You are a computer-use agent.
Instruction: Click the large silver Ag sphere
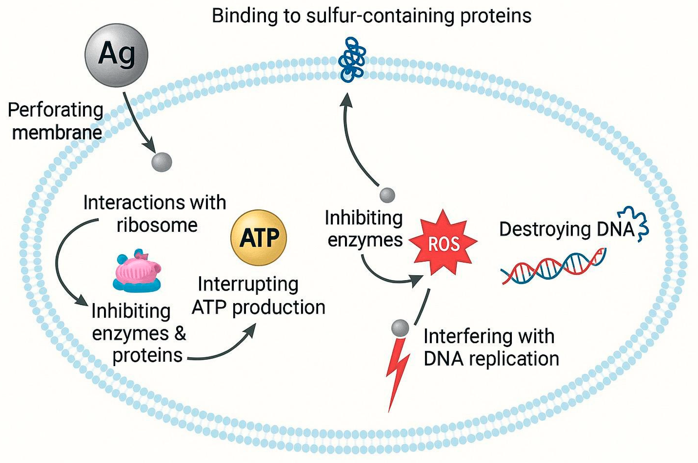[116, 55]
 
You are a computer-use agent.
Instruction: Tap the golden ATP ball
[258, 237]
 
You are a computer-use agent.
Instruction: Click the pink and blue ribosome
[137, 271]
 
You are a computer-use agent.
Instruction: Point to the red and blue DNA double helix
[553, 266]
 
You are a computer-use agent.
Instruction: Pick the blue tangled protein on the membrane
[352, 60]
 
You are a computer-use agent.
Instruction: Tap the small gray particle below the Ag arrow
[162, 162]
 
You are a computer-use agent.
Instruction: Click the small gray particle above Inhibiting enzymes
[387, 195]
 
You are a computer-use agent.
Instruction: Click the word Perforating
[55, 110]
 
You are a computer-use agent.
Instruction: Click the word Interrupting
[248, 284]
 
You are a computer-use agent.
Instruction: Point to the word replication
[514, 358]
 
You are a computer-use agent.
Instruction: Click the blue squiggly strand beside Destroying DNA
[635, 223]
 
